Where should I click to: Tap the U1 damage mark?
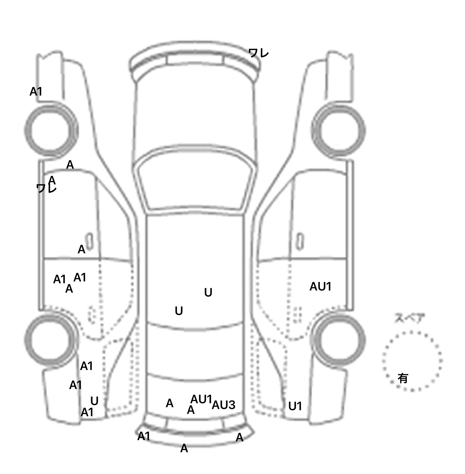coord(295,406)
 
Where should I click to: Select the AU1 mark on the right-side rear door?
coord(320,287)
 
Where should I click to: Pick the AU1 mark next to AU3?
coord(201,399)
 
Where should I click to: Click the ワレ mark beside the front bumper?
coord(259,54)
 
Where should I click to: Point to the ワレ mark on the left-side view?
coord(46,188)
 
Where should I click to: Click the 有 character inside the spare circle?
coord(403,378)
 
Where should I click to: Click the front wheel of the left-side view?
coord(51,130)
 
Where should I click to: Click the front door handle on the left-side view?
coord(90,241)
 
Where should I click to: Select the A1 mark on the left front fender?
coord(36,91)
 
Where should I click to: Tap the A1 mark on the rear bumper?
coord(144,436)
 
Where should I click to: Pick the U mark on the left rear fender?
coord(94,401)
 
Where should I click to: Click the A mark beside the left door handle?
coord(81,249)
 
